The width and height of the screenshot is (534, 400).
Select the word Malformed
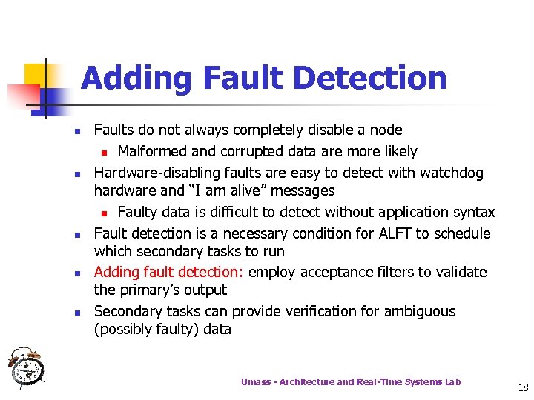click(154, 152)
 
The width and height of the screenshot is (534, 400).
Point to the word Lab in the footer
click(452, 382)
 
